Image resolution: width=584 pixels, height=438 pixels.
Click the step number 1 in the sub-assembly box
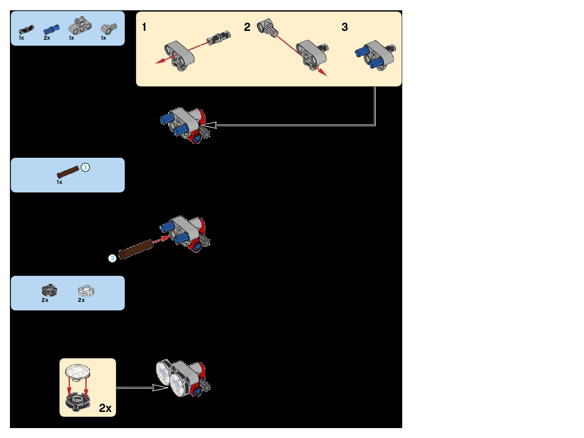point(144,27)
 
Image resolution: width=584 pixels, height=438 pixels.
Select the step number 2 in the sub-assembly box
point(247,27)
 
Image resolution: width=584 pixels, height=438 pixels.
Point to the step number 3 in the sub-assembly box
point(344,27)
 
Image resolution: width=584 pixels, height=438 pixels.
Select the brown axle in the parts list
point(68,172)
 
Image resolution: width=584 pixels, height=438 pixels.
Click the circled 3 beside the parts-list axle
point(85,168)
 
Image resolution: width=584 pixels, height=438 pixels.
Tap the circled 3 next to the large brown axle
point(112,259)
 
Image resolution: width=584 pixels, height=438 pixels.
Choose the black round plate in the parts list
point(49,291)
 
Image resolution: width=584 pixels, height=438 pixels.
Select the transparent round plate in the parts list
point(86,291)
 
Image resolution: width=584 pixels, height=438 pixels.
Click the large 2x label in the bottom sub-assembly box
point(105,408)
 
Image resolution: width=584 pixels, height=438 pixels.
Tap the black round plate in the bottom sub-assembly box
point(78,402)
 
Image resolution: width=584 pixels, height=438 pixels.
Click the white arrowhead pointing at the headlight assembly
point(161,388)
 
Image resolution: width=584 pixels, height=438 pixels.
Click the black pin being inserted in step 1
point(219,37)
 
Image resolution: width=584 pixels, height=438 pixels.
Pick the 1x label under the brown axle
point(59,182)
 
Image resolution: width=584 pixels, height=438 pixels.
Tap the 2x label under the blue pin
point(47,38)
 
